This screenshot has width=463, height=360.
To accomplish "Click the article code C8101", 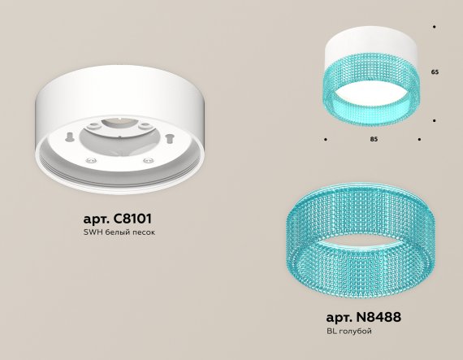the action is coord(133,219).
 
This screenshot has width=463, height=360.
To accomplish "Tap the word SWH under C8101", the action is coord(93,232).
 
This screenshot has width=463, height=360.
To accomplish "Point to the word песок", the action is coord(144,232).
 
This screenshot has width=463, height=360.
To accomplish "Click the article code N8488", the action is coord(379,317).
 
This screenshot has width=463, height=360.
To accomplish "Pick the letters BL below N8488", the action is coord(331,331).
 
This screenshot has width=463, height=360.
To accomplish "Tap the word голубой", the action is coord(355,332).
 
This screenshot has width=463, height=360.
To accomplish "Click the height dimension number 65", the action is coord(435,72).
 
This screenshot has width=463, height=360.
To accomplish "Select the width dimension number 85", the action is coord(374,139).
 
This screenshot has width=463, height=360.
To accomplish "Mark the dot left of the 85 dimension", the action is coord(326,139).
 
